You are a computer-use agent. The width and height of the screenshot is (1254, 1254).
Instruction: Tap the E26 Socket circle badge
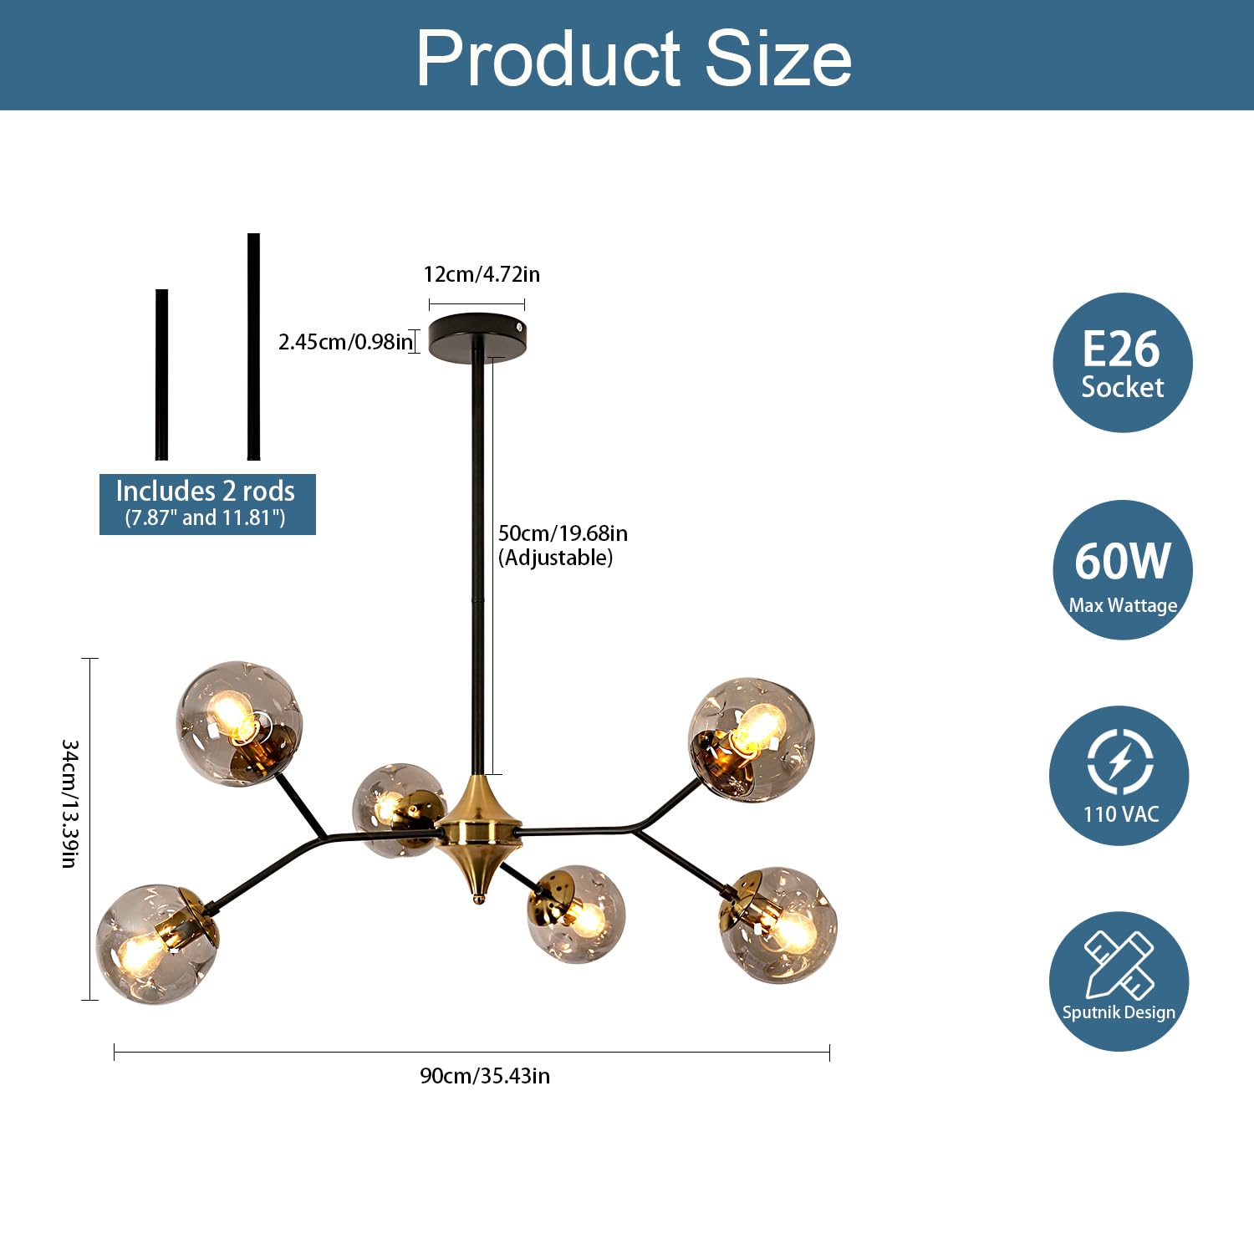click(1122, 362)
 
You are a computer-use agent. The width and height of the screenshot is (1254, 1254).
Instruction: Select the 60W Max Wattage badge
click(1122, 570)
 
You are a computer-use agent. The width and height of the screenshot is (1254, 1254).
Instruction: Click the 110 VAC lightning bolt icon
click(1120, 762)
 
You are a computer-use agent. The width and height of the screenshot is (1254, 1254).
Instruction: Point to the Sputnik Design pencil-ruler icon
click(1119, 965)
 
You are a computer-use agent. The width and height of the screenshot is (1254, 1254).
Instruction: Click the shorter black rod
click(161, 375)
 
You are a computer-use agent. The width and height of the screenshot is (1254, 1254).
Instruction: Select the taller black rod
click(253, 346)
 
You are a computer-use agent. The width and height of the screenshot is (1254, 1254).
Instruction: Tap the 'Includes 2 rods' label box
click(207, 504)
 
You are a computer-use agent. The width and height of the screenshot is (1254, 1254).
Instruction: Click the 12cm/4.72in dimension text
click(482, 274)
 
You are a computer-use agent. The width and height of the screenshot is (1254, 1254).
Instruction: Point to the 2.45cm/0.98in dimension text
click(345, 341)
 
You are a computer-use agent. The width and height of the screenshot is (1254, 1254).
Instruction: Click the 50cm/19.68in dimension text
click(563, 533)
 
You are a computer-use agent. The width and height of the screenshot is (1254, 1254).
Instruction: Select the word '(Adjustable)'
click(556, 558)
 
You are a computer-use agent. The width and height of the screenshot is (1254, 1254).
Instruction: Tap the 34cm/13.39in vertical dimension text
click(70, 803)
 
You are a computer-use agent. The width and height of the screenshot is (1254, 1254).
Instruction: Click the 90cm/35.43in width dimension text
click(485, 1075)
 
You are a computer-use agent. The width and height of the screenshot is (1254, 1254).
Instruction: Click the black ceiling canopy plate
click(478, 336)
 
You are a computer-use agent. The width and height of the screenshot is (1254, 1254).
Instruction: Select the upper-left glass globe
click(239, 724)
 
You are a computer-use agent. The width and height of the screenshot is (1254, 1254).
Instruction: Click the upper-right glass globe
click(751, 741)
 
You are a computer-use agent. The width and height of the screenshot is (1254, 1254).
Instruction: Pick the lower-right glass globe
click(778, 925)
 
